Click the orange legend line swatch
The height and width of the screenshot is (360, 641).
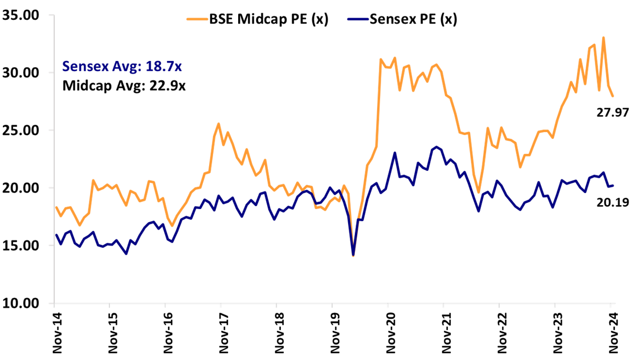[x=197, y=19]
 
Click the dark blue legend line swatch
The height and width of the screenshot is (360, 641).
[x=358, y=19]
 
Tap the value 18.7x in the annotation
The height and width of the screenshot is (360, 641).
[x=164, y=67]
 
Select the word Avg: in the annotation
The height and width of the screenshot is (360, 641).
[x=126, y=67]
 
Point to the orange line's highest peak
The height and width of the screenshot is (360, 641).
[x=603, y=38]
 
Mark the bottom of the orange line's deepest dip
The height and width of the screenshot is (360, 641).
[x=353, y=256]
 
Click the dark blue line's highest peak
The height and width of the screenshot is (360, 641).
[x=437, y=147]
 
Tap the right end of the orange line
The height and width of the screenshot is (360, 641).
[x=613, y=96]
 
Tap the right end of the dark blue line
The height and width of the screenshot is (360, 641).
[x=613, y=185]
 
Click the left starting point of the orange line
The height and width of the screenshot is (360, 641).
[x=55, y=206]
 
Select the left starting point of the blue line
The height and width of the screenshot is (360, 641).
[x=55, y=235]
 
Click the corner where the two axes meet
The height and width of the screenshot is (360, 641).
[x=54, y=302]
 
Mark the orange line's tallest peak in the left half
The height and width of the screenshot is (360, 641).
[x=218, y=123]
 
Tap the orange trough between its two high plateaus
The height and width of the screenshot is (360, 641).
[x=479, y=193]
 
